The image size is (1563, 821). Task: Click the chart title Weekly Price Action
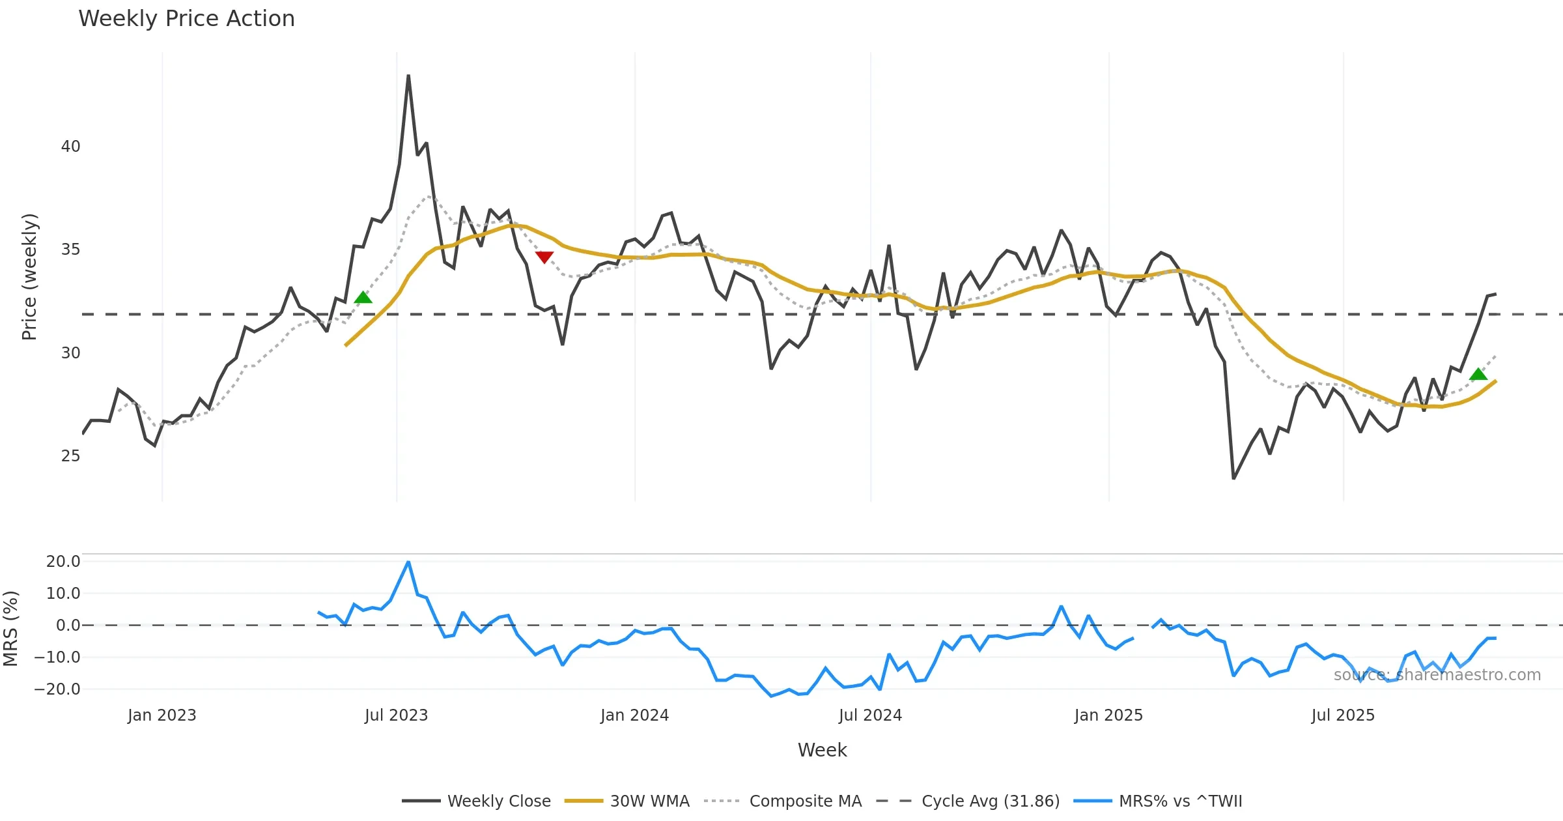coord(186,19)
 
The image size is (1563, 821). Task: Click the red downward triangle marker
coord(544,257)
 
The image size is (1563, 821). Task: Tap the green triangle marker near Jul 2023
coord(363,298)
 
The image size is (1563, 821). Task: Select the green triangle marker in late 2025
coord(1478,374)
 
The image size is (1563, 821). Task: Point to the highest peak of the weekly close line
coord(408,76)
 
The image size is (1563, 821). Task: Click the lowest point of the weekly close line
coord(1233,478)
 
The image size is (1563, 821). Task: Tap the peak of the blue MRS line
coord(408,562)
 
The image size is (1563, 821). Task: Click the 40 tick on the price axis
coord(70,147)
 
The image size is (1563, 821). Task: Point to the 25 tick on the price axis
coord(70,456)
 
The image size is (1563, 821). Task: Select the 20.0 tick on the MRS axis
coord(63,562)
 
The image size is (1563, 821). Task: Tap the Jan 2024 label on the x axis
coord(634,715)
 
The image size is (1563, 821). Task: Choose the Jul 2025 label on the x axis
coord(1343,715)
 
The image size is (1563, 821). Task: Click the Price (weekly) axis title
coord(29,277)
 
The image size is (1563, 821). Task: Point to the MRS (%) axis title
coord(11,628)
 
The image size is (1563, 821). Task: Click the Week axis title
coord(822,751)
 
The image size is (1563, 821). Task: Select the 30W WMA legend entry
coord(649,801)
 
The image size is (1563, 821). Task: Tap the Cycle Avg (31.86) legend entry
coord(990,801)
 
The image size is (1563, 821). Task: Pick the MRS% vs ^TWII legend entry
coord(1180,801)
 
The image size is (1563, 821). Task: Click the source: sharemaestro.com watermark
coord(1437,675)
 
